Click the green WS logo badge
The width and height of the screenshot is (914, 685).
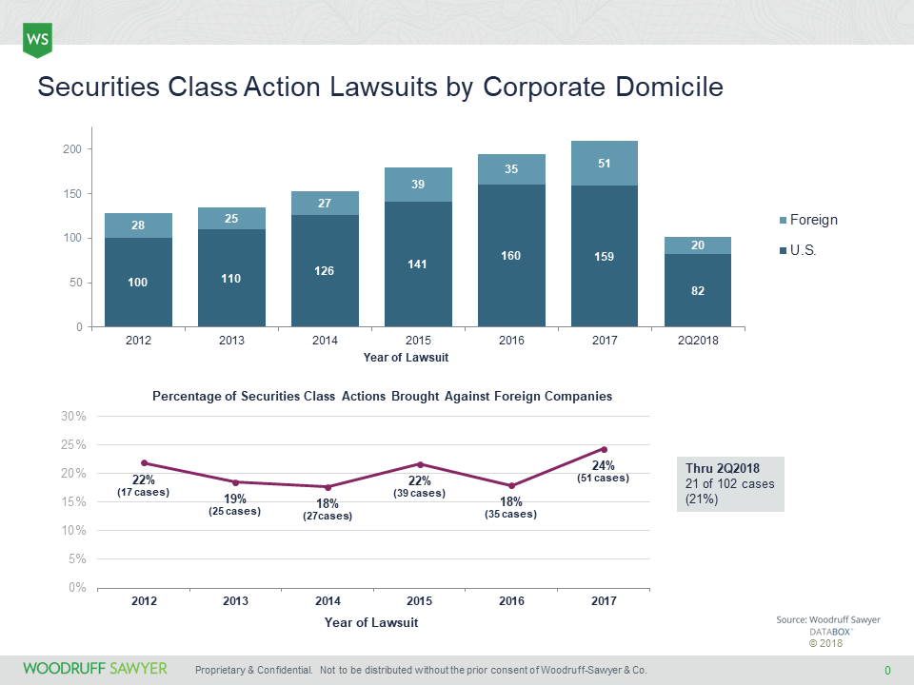click(x=37, y=39)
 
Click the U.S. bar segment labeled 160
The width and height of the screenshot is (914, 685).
click(x=511, y=255)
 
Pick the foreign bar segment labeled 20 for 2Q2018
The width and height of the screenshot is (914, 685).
click(x=697, y=245)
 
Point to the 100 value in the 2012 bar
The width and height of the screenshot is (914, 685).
click(x=138, y=283)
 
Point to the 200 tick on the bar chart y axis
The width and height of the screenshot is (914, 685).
click(x=71, y=149)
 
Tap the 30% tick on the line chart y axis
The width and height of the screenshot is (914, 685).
click(x=74, y=417)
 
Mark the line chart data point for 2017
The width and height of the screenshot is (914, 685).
click(x=604, y=449)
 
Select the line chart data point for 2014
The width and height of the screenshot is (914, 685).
click(x=328, y=487)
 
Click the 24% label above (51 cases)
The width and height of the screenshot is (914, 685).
click(x=604, y=465)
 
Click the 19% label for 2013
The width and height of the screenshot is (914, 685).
click(x=235, y=499)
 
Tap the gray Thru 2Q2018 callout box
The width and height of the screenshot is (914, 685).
click(x=730, y=483)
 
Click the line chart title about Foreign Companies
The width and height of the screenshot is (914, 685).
click(x=382, y=396)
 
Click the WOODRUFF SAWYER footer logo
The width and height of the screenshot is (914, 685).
click(x=95, y=669)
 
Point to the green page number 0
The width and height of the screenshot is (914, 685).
click(x=887, y=670)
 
